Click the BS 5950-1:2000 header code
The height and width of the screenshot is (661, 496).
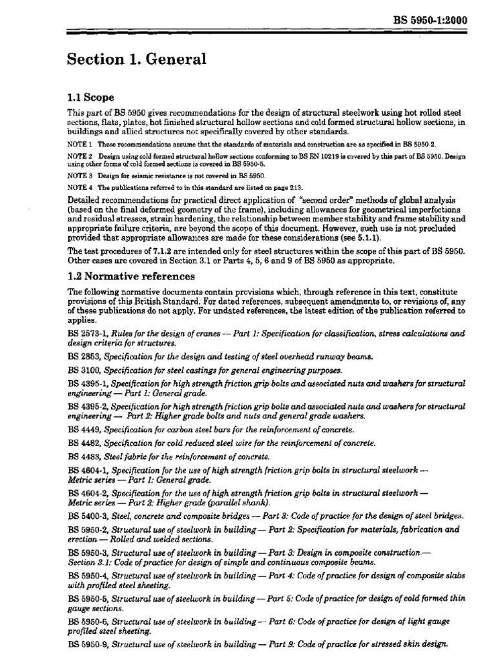coord(429,20)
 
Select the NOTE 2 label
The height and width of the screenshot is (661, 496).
coord(79,157)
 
